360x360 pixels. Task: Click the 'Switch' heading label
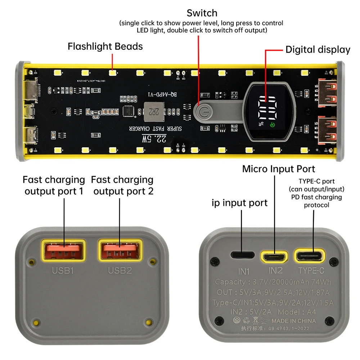click(202, 13)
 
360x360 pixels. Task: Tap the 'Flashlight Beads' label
click(105, 46)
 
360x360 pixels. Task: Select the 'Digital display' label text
click(318, 50)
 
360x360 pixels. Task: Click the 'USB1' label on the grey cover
click(64, 270)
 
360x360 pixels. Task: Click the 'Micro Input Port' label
click(278, 169)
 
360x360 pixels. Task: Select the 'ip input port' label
click(239, 203)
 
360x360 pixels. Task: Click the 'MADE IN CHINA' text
click(294, 321)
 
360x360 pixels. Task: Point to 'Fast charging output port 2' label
click(122, 185)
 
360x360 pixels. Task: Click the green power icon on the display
click(273, 125)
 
